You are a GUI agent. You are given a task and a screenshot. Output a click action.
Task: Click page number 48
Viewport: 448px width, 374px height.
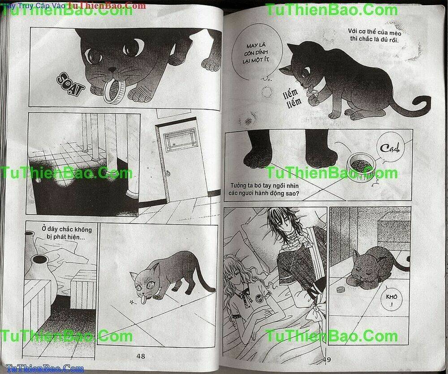pos(140,356)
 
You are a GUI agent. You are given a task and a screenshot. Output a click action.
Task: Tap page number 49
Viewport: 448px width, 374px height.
pos(326,359)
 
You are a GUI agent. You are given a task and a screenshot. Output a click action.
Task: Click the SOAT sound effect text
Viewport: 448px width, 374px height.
pos(71,85)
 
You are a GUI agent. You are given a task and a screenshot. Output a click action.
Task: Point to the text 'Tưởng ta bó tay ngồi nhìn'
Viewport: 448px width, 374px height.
pos(264,190)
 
